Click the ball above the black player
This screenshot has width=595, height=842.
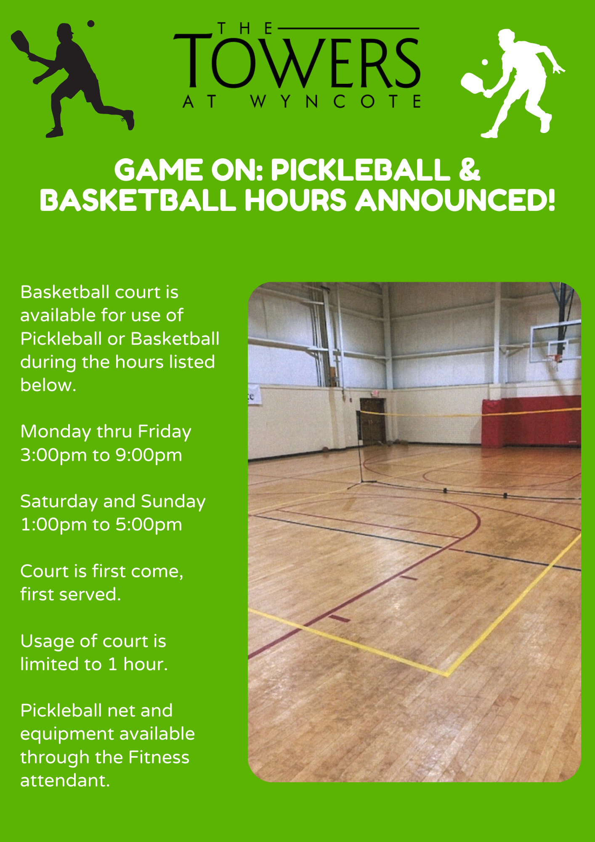point(90,24)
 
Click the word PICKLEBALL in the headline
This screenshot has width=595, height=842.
point(360,170)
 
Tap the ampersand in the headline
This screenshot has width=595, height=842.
point(469,170)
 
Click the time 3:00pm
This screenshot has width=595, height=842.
point(53,455)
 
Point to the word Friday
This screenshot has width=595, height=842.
point(165,432)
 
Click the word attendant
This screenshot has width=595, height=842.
point(65,781)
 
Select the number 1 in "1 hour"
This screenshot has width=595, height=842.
point(112,664)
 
